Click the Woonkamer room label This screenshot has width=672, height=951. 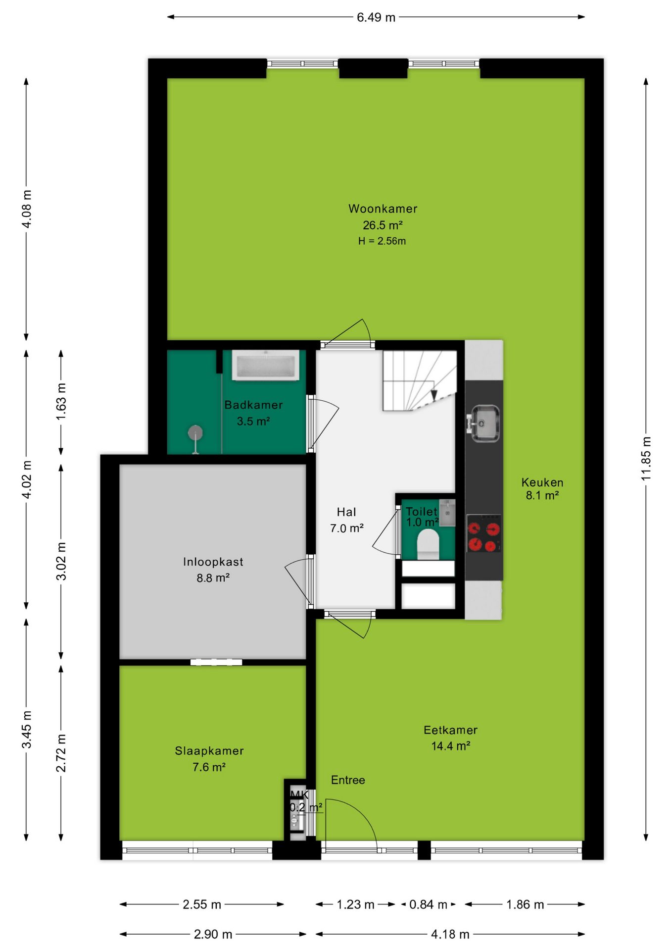(x=383, y=209)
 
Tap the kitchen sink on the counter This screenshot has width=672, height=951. (x=483, y=423)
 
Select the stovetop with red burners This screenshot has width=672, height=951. (x=484, y=533)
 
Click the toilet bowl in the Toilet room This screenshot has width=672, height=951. (x=428, y=544)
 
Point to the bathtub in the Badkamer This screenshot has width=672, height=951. (x=266, y=365)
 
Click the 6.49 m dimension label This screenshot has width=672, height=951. (x=376, y=17)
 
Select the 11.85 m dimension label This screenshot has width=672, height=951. (x=646, y=458)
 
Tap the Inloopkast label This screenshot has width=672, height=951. (x=213, y=562)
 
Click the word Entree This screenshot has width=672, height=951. (x=348, y=780)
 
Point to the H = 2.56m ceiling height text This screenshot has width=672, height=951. (x=382, y=241)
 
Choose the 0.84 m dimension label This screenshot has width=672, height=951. (x=428, y=904)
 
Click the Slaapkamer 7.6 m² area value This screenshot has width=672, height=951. (x=209, y=767)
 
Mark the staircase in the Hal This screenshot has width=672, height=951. (x=420, y=380)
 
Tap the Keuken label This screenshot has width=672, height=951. (x=542, y=482)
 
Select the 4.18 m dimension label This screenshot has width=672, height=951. (x=450, y=934)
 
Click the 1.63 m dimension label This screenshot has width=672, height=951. (x=61, y=402)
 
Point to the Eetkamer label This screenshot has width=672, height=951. (x=450, y=730)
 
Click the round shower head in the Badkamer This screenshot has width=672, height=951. (x=195, y=432)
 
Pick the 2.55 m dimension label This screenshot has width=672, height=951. (x=202, y=904)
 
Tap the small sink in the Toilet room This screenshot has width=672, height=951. (x=447, y=513)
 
